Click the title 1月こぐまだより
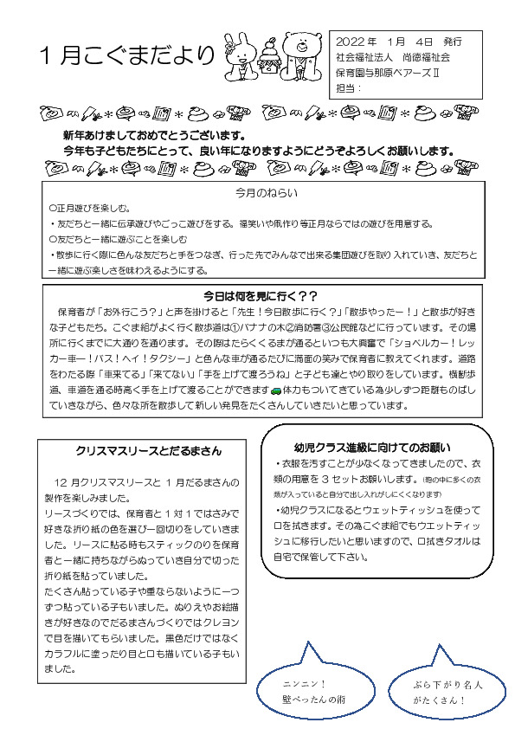tap(127, 55)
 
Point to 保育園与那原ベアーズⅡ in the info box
tap(389, 73)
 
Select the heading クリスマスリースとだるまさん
tap(149, 450)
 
